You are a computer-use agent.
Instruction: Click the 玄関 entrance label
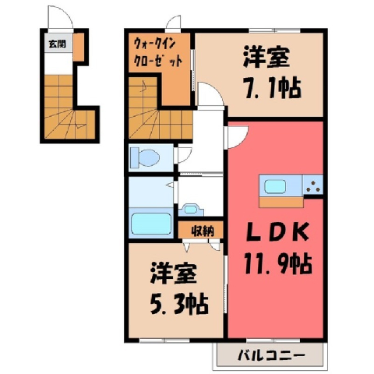(x=58, y=44)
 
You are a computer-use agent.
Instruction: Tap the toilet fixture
(x=145, y=157)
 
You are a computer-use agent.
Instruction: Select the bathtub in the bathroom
(x=150, y=224)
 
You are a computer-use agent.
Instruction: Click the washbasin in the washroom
(x=191, y=210)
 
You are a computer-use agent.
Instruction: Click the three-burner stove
(x=313, y=185)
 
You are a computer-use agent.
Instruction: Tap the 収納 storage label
(x=203, y=231)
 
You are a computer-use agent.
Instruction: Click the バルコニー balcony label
(x=271, y=355)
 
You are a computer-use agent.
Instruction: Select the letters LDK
(x=277, y=232)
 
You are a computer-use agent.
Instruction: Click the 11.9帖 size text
(x=277, y=264)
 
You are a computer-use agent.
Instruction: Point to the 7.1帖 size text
(x=273, y=88)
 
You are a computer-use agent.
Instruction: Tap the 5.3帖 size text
(x=179, y=304)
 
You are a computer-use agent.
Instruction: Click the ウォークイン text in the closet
(x=155, y=44)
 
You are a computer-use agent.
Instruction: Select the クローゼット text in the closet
(x=157, y=62)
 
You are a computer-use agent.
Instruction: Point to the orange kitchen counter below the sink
(x=281, y=203)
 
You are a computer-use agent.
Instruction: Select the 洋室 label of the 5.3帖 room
(x=173, y=273)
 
